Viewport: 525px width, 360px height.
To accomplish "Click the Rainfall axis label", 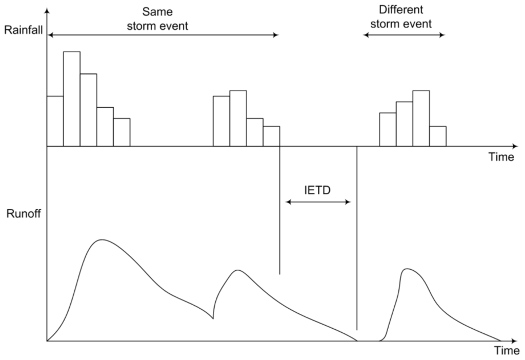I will coord(25,30).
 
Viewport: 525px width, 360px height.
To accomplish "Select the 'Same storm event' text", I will coord(157,18).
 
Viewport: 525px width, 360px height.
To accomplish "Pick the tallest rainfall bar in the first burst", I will coord(72,98).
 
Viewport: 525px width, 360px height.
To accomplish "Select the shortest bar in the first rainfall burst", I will coord(122,132).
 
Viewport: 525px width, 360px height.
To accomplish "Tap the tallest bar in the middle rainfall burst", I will coord(238,118).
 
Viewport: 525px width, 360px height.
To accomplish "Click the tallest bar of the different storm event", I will coord(421,118).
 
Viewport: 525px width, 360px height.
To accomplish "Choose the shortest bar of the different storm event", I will coord(437,136).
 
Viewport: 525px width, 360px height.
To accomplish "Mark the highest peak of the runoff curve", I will coord(102,239).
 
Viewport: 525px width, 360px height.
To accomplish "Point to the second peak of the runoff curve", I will coord(236,270).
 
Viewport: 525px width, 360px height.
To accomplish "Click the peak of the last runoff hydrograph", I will coord(407,269).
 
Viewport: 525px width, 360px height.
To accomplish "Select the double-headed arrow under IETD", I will coord(318,202).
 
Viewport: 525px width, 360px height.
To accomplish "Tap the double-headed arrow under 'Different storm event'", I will coord(403,35).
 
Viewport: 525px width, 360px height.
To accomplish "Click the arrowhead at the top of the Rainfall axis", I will coord(47,12).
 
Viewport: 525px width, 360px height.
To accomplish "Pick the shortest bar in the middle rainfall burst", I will coord(271,136).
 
